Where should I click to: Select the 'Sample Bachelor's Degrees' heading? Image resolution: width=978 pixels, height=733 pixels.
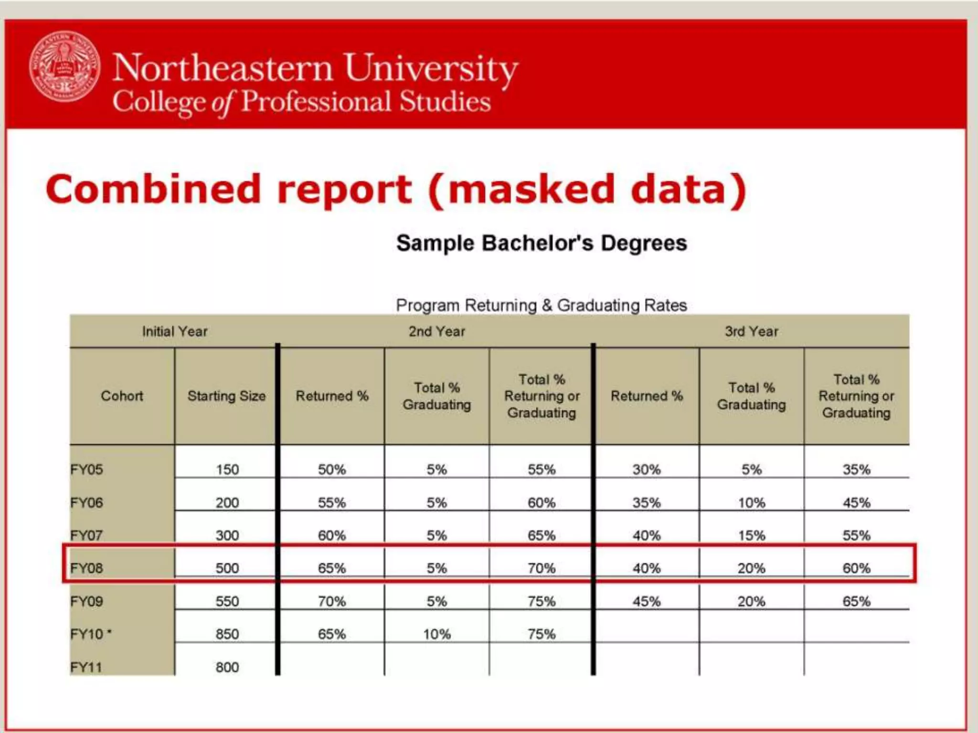[x=542, y=243]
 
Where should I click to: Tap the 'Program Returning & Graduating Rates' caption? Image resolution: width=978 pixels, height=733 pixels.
[x=542, y=305]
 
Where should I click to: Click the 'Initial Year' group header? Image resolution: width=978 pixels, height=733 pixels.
[x=175, y=331]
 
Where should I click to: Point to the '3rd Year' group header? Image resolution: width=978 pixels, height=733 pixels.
[x=752, y=331]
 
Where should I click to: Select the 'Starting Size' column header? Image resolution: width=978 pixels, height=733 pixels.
[x=226, y=396]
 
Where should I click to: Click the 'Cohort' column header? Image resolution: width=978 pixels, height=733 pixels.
[x=122, y=396]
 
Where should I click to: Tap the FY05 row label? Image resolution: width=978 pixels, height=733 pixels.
[x=86, y=470]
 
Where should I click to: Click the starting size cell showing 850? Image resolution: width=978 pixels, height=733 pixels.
[x=227, y=634]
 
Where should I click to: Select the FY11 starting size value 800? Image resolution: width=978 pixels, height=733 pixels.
[x=227, y=667]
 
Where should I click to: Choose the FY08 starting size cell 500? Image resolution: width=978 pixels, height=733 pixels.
[x=227, y=568]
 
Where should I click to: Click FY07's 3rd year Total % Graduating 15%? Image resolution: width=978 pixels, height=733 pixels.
[x=752, y=535]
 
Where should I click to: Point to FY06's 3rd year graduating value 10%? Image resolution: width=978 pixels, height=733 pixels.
[x=752, y=503]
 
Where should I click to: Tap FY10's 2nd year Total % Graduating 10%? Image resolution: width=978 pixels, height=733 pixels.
[x=437, y=634]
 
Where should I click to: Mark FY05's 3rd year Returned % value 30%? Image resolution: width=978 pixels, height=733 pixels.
[x=647, y=470]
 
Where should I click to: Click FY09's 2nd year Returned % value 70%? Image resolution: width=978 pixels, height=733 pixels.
[x=332, y=601]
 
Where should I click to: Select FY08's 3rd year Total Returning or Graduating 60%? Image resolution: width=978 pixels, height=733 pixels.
[x=857, y=568]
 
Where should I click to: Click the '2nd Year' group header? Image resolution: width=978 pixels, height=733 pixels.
[x=437, y=331]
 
